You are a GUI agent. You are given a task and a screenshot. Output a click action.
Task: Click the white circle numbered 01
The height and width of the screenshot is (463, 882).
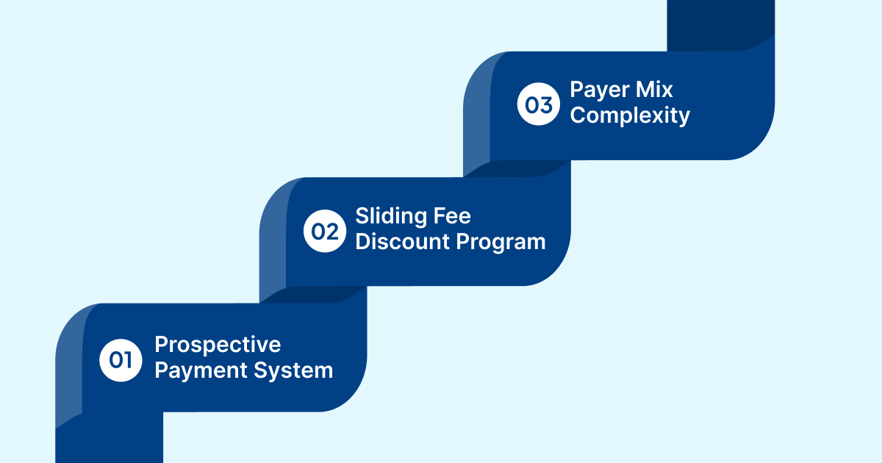point(121,360)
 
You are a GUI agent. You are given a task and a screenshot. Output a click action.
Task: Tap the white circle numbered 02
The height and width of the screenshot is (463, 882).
point(325,232)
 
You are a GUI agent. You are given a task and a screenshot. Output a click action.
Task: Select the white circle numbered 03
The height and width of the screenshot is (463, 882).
point(539,105)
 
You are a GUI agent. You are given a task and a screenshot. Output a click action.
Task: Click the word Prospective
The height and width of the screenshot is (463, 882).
point(218,345)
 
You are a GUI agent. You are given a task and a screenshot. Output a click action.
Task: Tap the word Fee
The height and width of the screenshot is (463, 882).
point(451,216)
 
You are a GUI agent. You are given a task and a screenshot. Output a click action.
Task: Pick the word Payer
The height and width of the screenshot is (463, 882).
point(599,90)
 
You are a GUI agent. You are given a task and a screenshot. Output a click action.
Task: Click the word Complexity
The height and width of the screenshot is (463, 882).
point(630,115)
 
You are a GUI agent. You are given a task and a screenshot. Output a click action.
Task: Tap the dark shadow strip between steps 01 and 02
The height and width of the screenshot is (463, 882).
point(316,294)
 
